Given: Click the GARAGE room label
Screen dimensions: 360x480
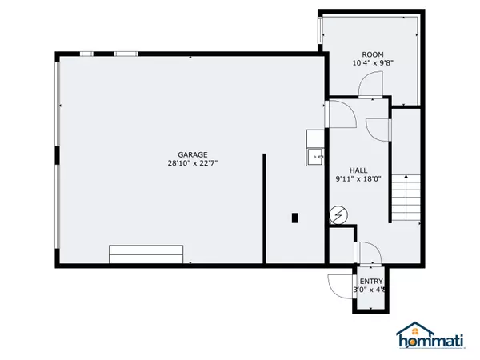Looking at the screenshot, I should coord(193,154).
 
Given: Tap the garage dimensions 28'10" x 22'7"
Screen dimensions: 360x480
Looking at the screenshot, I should coord(193,164).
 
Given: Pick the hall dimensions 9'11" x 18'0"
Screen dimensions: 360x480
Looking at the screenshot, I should coord(358,179).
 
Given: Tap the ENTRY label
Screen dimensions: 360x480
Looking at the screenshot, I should coord(370,281).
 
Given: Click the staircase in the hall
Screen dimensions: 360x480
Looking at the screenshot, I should coord(404,198).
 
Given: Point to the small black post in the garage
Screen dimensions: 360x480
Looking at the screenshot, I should coord(295,217).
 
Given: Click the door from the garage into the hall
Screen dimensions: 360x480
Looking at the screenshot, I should coord(339,117).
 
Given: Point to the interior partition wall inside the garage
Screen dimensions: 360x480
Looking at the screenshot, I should coord(264,208).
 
